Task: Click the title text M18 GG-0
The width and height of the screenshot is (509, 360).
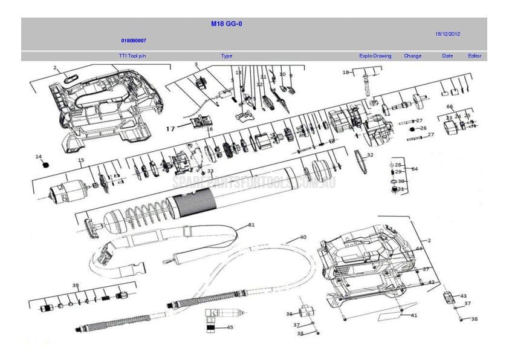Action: tap(227, 24)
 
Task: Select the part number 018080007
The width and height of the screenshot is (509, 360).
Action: tap(133, 41)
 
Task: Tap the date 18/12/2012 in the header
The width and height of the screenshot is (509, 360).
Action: tap(447, 34)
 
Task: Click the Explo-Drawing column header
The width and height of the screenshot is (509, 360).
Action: tap(375, 56)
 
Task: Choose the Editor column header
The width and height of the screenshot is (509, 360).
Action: tap(475, 56)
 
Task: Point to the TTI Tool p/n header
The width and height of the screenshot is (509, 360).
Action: tap(132, 56)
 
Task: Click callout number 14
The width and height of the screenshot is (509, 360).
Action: tap(39, 157)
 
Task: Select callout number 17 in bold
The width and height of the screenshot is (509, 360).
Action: tap(170, 128)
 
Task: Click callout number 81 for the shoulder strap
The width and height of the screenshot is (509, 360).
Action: tap(251, 224)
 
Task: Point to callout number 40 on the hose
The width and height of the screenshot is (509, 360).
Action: tap(303, 237)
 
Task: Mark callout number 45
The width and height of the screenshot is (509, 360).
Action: tap(230, 327)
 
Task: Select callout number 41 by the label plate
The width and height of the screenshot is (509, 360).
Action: tap(414, 315)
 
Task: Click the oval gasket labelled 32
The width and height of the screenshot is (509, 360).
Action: tap(361, 161)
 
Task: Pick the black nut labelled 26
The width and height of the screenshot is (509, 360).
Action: tap(412, 128)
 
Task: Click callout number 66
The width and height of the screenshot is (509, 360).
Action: tap(450, 106)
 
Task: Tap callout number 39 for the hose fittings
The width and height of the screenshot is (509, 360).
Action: tap(76, 285)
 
